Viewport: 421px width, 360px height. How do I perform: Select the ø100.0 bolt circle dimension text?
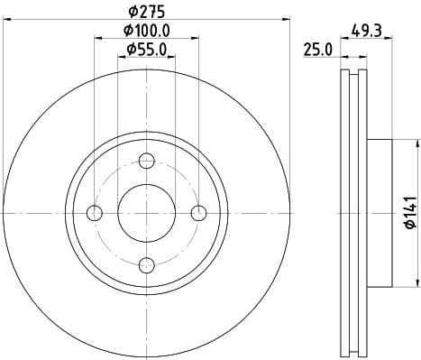coord(148,31)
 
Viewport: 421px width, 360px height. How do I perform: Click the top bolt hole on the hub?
coord(147,161)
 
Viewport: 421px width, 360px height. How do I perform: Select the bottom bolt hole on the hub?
coord(147,263)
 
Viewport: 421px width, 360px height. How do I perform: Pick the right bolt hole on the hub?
coord(199,212)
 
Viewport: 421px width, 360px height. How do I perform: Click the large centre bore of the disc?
coord(147,212)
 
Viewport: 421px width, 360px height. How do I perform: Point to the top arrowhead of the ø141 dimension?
coord(418,143)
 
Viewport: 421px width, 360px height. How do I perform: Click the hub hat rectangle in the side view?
coord(380,212)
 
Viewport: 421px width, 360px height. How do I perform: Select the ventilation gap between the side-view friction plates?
coord(353,212)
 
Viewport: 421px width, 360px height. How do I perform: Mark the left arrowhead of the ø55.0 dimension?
coord(122,57)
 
